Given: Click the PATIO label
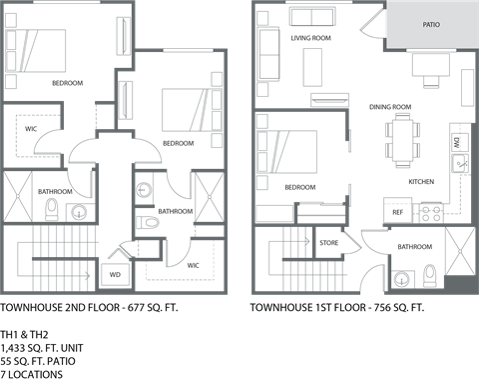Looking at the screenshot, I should click(x=431, y=22).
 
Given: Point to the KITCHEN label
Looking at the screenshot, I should click(x=420, y=183).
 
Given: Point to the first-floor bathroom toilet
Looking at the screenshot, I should click(x=428, y=271).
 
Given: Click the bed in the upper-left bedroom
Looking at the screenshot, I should click(x=40, y=48).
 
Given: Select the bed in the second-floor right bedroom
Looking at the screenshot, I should click(x=185, y=106).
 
